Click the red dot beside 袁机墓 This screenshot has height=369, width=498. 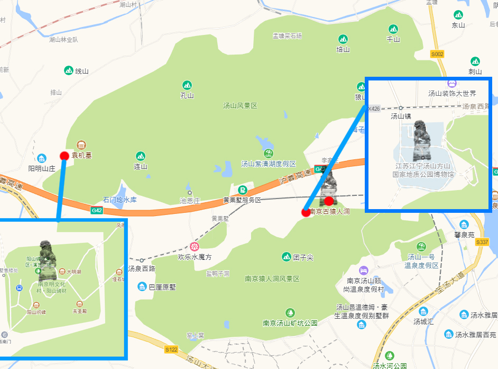[64, 156]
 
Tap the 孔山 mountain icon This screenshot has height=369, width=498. [187, 85]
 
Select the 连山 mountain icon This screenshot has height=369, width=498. [140, 156]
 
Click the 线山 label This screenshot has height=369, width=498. [81, 70]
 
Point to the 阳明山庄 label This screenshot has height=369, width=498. [42, 168]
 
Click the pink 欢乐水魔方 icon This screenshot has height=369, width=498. [195, 246]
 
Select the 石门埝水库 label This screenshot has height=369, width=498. [120, 200]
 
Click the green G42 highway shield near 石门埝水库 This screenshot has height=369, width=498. [97, 210]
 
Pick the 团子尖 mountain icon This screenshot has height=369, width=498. [287, 256]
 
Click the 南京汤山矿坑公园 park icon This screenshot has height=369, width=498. [290, 312]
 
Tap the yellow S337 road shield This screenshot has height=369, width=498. [482, 242]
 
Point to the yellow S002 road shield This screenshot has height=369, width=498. [437, 54]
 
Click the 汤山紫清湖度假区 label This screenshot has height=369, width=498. [269, 164]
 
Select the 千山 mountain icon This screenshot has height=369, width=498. [393, 29]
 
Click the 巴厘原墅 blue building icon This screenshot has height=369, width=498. [142, 287]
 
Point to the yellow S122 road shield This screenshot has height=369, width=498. [171, 349]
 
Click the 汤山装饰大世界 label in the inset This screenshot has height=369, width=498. [452, 93]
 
